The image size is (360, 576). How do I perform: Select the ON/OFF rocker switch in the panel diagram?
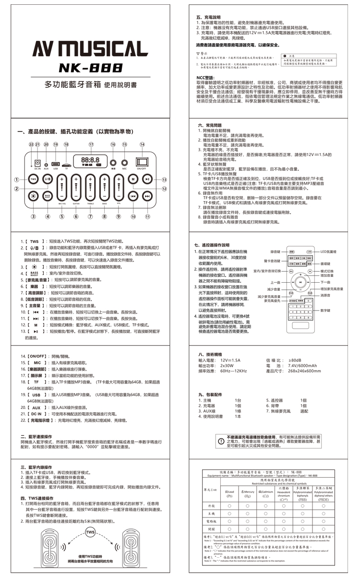click(142, 162)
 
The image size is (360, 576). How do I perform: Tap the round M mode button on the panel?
click(133, 180)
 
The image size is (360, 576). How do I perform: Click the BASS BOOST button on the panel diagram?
click(47, 196)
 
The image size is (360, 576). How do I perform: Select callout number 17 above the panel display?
click(91, 144)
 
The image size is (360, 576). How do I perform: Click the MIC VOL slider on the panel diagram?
click(62, 187)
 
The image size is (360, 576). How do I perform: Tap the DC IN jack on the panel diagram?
click(37, 163)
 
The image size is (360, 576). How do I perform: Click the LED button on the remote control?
click(309, 252)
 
